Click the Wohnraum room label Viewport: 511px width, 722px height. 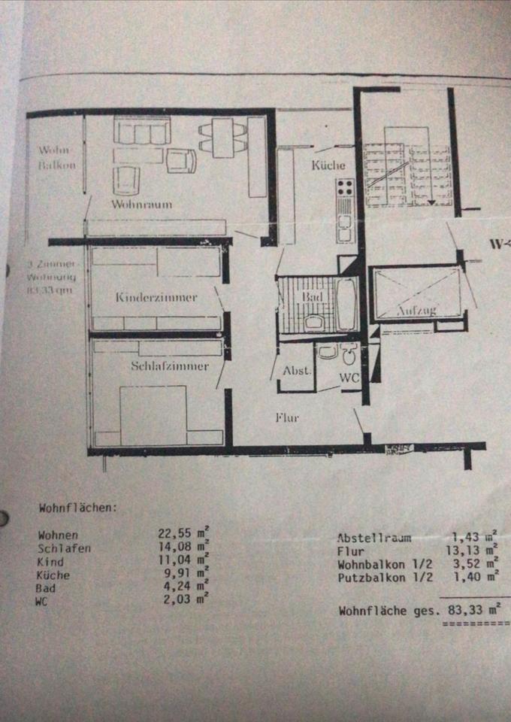click(142, 204)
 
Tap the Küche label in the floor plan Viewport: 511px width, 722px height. click(329, 165)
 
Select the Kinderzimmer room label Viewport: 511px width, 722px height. click(156, 297)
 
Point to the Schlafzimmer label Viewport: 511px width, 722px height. click(169, 366)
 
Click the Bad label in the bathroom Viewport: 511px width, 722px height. click(312, 298)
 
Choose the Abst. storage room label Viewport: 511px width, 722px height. click(296, 371)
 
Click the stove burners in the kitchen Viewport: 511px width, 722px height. click(345, 187)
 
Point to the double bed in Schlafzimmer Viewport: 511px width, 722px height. click(153, 416)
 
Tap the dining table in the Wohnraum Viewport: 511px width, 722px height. click(222, 137)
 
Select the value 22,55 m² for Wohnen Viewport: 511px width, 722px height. click(182, 535)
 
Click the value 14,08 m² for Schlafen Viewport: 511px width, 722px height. click(182, 548)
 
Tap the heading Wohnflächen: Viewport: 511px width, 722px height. click(78, 508)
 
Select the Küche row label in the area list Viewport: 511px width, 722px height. click(54, 575)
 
